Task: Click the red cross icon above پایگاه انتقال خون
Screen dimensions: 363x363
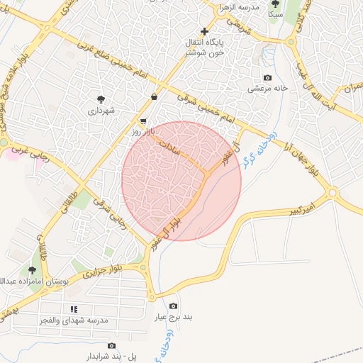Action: coord(205,32)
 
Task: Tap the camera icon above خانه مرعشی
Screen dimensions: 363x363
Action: coord(267,77)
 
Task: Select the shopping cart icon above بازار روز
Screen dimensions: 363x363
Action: coord(144,121)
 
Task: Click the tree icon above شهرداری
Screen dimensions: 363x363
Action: coord(101,99)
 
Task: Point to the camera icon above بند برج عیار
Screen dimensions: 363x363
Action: coord(174,306)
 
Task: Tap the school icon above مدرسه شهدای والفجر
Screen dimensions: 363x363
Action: coord(73,309)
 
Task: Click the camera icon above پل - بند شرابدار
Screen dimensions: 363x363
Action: coord(111,345)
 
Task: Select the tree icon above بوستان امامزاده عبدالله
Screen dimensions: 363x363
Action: coord(32,270)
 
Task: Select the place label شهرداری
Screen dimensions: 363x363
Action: coord(101,111)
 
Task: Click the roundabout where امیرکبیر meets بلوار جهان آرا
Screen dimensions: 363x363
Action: coord(332,192)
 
